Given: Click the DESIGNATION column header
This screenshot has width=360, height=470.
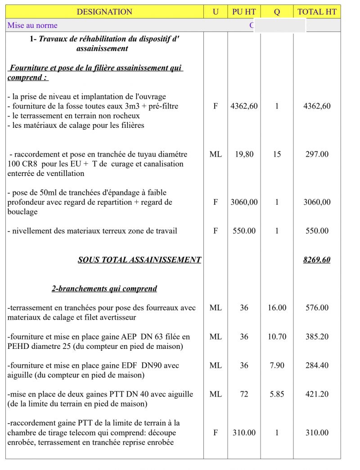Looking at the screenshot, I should pyautogui.click(x=104, y=12).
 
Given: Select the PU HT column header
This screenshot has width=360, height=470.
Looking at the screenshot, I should pyautogui.click(x=244, y=12).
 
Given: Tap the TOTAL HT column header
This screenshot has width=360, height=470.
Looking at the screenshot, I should pyautogui.click(x=317, y=12).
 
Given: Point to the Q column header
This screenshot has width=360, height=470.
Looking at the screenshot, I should pyautogui.click(x=277, y=12).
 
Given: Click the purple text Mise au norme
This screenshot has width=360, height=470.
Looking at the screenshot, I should pyautogui.click(x=32, y=25).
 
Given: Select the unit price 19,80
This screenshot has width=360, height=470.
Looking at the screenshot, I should pyautogui.click(x=244, y=154).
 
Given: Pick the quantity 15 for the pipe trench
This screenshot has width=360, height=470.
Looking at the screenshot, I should pyautogui.click(x=277, y=154).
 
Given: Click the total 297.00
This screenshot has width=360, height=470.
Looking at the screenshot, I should pyautogui.click(x=317, y=154).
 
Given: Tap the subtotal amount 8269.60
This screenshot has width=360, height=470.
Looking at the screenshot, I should pyautogui.click(x=317, y=260).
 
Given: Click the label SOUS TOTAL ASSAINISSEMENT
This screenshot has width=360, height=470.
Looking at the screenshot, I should pyautogui.click(x=139, y=260).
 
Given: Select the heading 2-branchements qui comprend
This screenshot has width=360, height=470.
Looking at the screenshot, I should pyautogui.click(x=104, y=289).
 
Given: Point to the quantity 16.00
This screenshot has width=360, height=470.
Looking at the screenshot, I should pyautogui.click(x=277, y=308).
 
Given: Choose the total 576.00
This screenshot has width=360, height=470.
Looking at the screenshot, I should pyautogui.click(x=317, y=308).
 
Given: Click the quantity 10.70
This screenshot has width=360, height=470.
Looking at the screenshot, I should pyautogui.click(x=277, y=337).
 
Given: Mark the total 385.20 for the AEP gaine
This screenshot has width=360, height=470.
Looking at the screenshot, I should pyautogui.click(x=317, y=337).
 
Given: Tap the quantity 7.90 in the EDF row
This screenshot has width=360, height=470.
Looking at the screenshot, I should pyautogui.click(x=277, y=366).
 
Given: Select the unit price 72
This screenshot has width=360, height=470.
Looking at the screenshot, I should pyautogui.click(x=244, y=394).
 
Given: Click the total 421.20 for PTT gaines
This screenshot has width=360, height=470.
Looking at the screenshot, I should pyautogui.click(x=317, y=394).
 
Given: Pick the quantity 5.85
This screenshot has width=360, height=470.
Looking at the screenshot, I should pyautogui.click(x=277, y=394).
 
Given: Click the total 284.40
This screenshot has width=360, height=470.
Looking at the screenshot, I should pyautogui.click(x=317, y=366).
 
